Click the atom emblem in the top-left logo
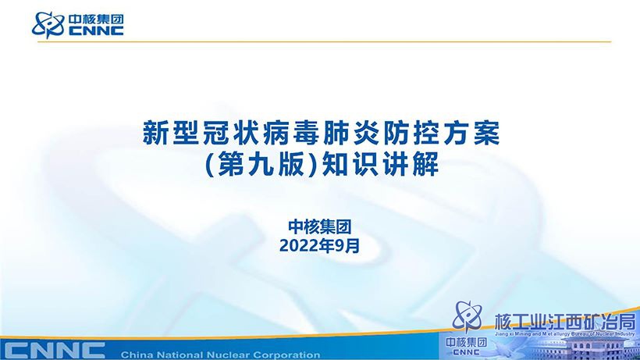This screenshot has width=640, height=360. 48,24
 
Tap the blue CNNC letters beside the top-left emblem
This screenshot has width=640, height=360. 96,31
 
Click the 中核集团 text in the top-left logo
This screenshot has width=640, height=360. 96,20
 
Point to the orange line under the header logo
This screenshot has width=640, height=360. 325,41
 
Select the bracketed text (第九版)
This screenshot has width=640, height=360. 261,164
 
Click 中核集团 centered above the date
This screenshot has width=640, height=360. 319,227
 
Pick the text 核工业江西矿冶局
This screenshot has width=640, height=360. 565,323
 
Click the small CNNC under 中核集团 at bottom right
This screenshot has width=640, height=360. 466,352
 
